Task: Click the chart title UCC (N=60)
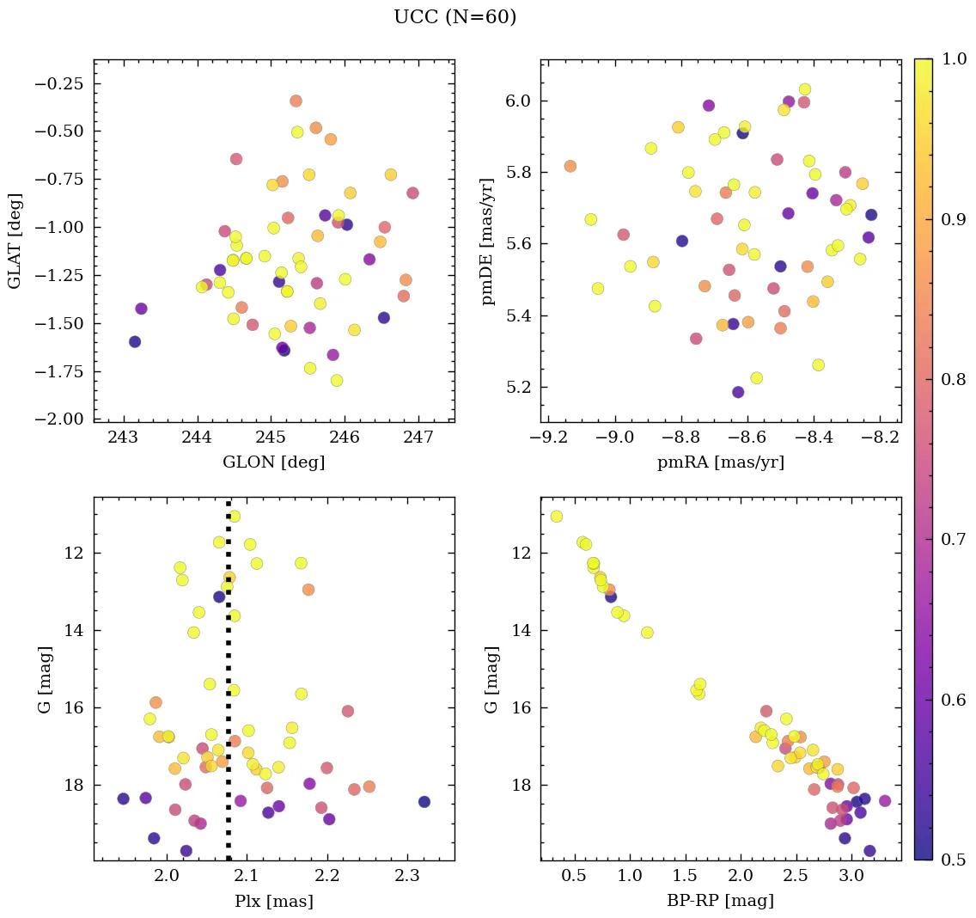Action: coord(454,17)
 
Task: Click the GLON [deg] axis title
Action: coord(273,462)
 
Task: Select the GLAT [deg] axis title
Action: coord(15,241)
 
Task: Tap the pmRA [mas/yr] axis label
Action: coord(720,462)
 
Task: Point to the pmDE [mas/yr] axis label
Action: coord(489,241)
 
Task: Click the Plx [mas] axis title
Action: coord(273,902)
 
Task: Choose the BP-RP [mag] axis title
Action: coord(720,902)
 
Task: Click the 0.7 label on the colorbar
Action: coord(953,539)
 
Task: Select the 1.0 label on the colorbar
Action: coord(953,59)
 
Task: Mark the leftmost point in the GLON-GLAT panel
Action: coord(135,341)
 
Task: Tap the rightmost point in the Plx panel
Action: coord(424,802)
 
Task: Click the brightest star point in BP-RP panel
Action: coord(557,517)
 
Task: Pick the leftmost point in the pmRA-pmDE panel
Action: coord(570,166)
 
